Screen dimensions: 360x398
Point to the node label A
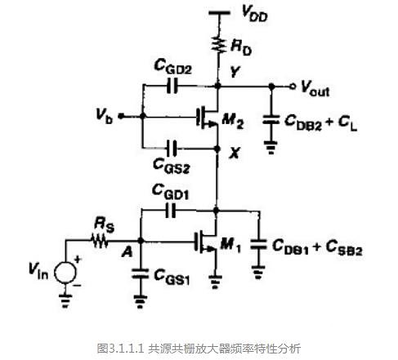click(x=127, y=252)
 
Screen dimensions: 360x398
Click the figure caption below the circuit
click(x=199, y=348)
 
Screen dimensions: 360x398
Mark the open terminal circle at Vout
click(x=292, y=85)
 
